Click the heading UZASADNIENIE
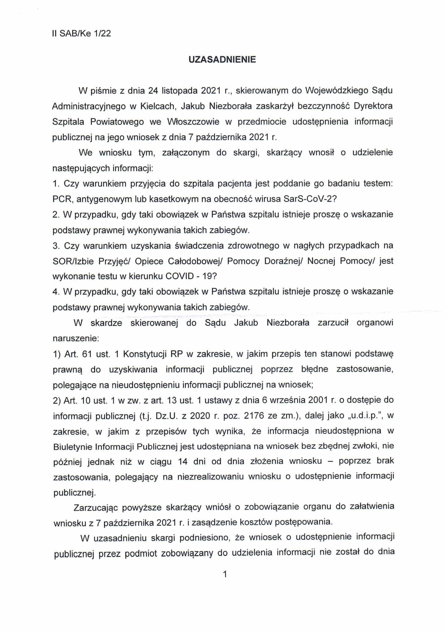pos(222,60)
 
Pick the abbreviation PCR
pos(62,199)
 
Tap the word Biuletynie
pos(72,447)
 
